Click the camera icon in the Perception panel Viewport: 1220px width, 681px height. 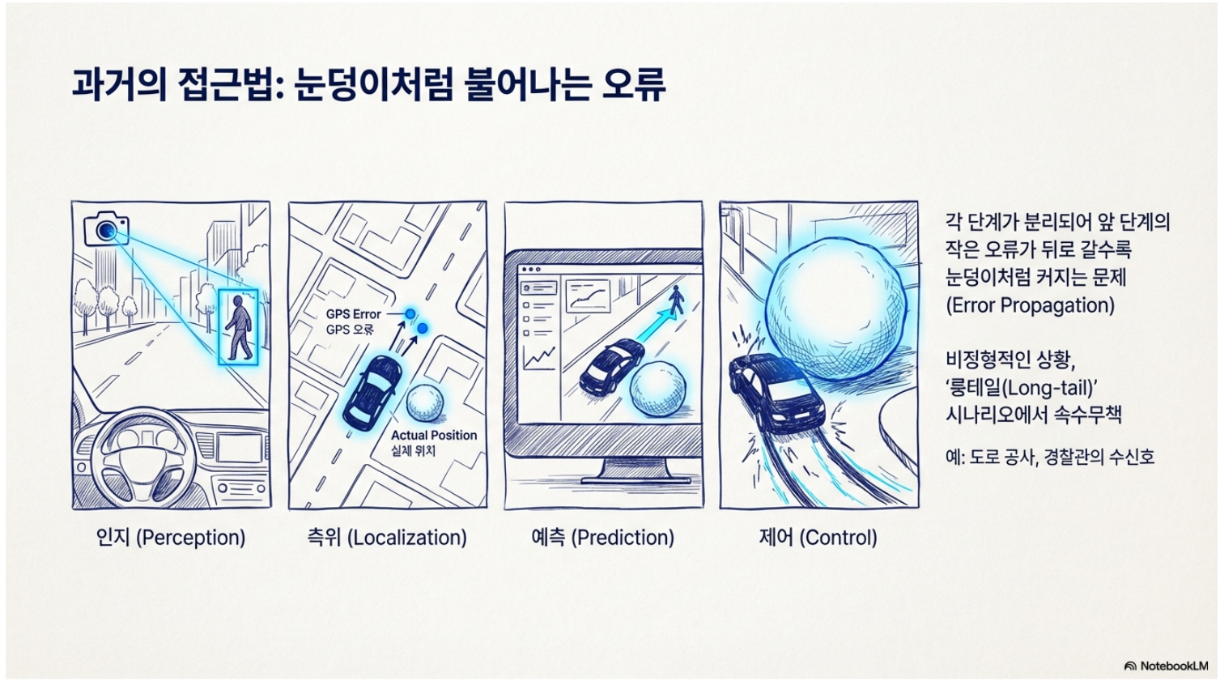coord(106,229)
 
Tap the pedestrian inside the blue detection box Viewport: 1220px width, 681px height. coord(239,327)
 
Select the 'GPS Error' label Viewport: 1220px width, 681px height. coord(354,314)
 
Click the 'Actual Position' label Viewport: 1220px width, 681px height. coord(434,436)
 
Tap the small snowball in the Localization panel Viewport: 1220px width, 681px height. coord(425,404)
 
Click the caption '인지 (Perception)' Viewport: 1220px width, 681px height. coord(171,538)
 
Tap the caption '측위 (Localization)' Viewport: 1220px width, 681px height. coord(387,538)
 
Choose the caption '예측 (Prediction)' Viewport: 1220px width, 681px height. coord(603,538)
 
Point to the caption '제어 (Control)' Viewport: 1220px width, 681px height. coord(818,538)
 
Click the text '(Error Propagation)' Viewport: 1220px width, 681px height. coord(1030,305)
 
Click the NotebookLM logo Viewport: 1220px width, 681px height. coord(1166,666)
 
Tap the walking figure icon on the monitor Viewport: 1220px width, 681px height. coord(676,300)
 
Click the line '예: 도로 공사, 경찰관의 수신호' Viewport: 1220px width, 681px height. coord(1050,457)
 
